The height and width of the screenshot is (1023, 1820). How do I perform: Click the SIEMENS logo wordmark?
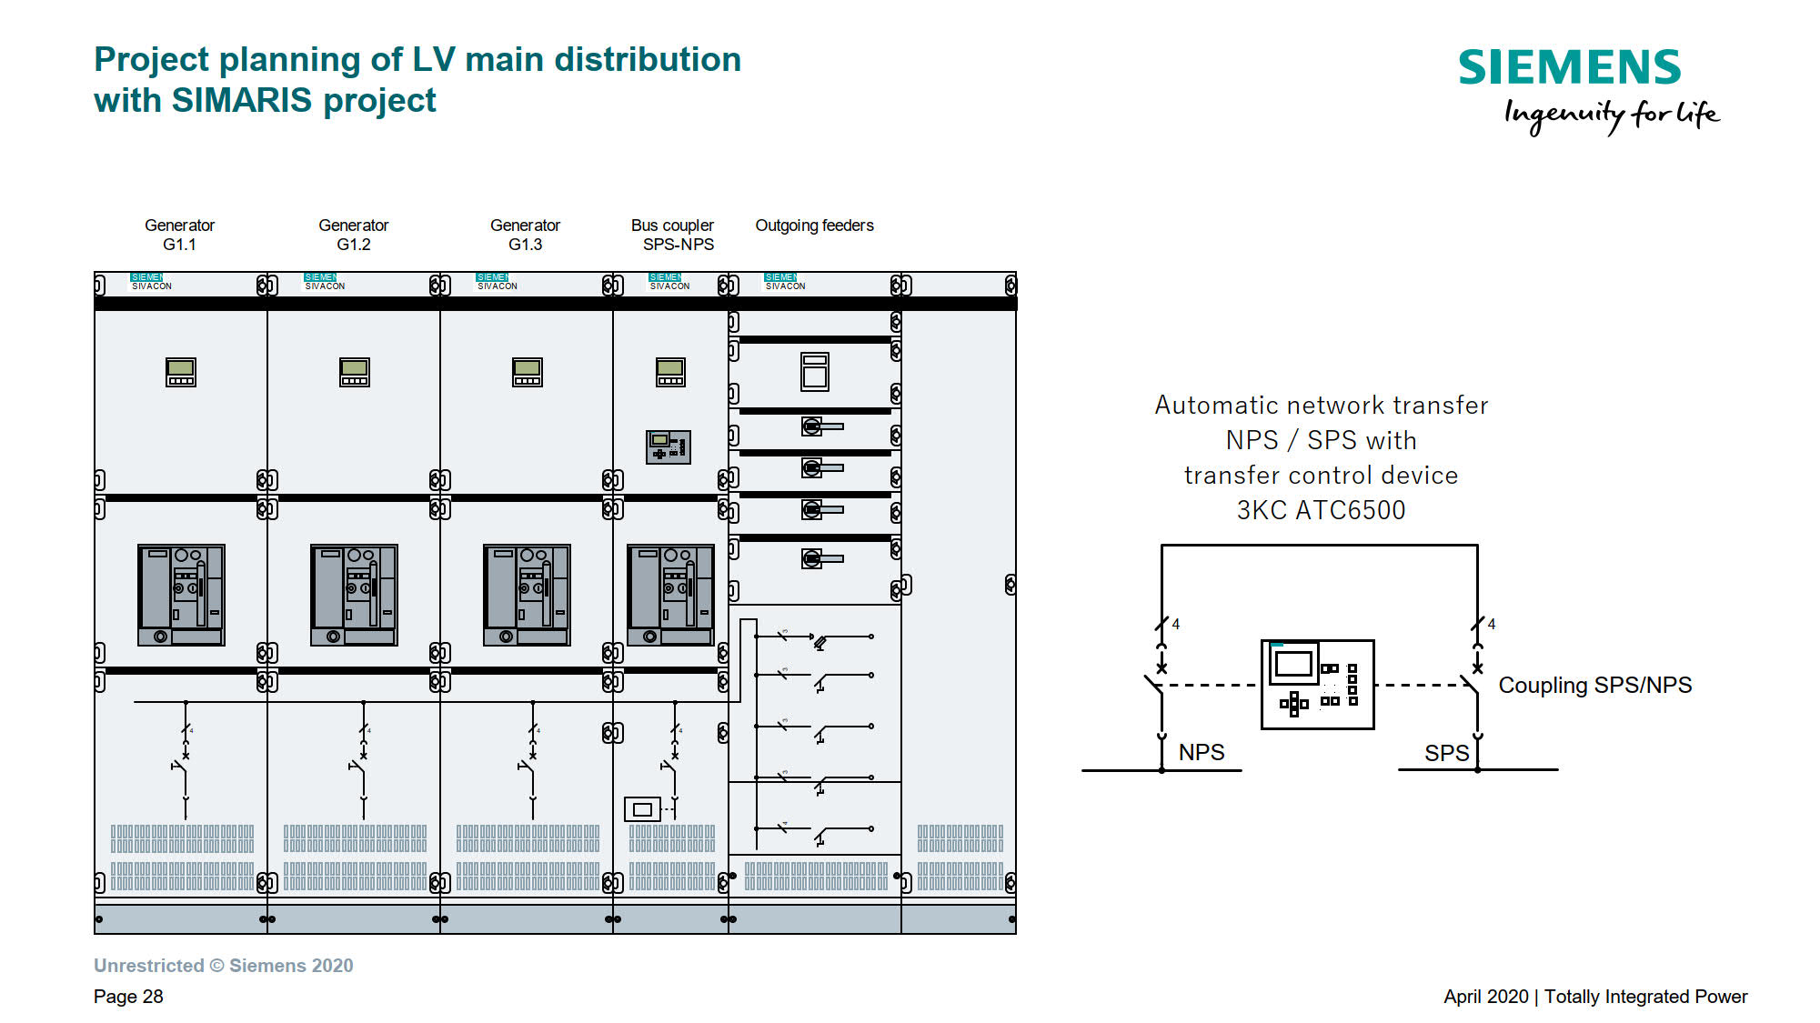pyautogui.click(x=1569, y=68)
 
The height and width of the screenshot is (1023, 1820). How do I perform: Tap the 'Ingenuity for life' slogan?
pyautogui.click(x=1611, y=115)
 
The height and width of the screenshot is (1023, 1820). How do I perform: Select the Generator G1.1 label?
pyautogui.click(x=180, y=235)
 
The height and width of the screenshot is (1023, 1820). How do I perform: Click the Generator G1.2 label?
pyautogui.click(x=354, y=235)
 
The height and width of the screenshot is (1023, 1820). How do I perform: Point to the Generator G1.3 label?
pyautogui.click(x=525, y=235)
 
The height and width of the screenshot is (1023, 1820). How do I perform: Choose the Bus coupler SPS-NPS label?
pyautogui.click(x=674, y=235)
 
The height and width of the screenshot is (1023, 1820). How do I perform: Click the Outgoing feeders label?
pyautogui.click(x=814, y=226)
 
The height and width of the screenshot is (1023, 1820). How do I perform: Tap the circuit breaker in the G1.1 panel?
pyautogui.click(x=181, y=595)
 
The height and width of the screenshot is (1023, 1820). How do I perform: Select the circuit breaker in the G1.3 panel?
pyautogui.click(x=527, y=595)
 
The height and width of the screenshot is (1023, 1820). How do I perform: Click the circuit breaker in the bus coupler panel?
pyautogui.click(x=670, y=595)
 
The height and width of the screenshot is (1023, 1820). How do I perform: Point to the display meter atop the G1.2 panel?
pyautogui.click(x=354, y=372)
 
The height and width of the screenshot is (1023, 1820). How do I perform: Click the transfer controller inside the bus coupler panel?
pyautogui.click(x=669, y=446)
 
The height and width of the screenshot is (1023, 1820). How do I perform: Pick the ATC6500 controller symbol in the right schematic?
pyautogui.click(x=1317, y=685)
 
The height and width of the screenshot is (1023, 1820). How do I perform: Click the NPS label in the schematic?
pyautogui.click(x=1202, y=752)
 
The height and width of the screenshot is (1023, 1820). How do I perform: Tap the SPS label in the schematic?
pyautogui.click(x=1446, y=753)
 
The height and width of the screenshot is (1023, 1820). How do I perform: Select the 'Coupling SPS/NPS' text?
pyautogui.click(x=1594, y=685)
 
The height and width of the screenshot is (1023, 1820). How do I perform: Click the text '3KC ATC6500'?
pyautogui.click(x=1321, y=510)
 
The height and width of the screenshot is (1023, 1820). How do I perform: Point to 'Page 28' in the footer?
pyautogui.click(x=128, y=997)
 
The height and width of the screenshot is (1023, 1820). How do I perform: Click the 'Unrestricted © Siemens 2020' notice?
pyautogui.click(x=223, y=966)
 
